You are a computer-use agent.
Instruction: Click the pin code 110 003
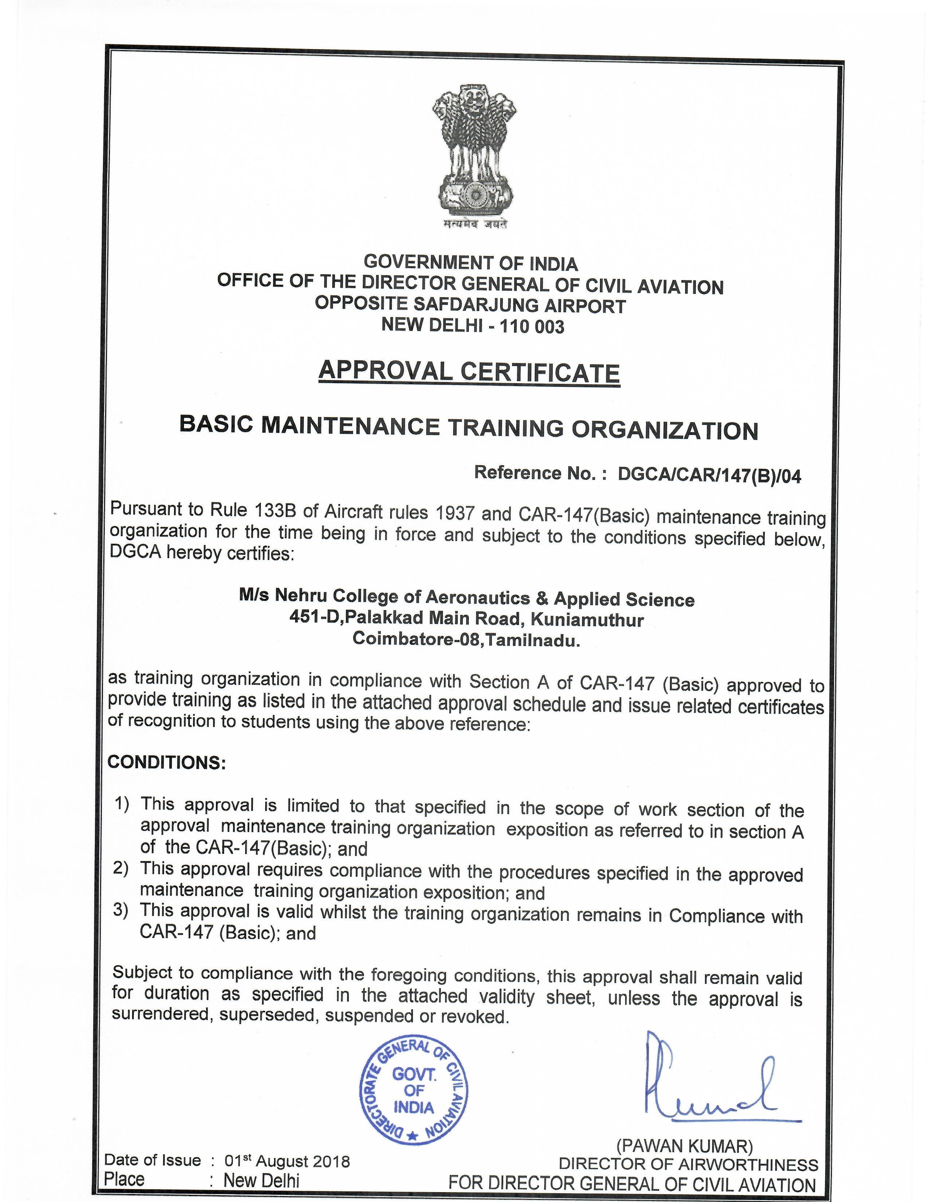(x=531, y=327)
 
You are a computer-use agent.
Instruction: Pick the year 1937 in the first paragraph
(x=455, y=514)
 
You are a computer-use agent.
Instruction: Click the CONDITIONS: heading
(x=167, y=763)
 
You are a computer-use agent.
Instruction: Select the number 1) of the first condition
(x=122, y=804)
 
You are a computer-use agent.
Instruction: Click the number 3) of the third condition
(x=121, y=910)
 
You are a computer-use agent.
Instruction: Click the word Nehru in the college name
(x=301, y=596)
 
